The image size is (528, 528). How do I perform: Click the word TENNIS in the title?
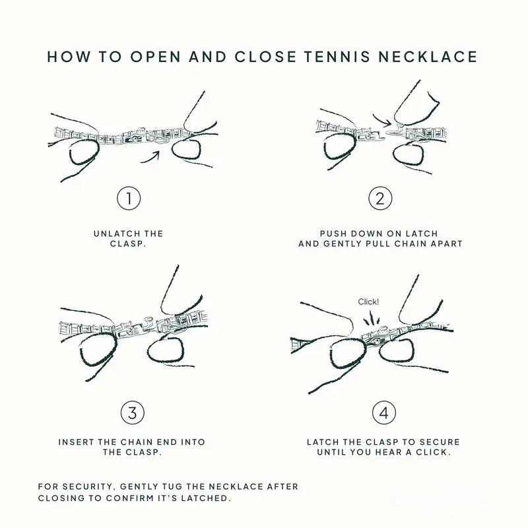point(338,57)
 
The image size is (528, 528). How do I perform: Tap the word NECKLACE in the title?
point(428,57)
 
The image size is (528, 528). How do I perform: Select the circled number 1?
point(129,199)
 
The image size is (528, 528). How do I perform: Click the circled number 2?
point(380,199)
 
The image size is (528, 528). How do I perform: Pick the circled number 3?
point(133,412)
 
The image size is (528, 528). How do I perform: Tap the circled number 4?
point(384,412)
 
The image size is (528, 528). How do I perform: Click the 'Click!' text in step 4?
point(368,302)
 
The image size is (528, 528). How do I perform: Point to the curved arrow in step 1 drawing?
point(150,158)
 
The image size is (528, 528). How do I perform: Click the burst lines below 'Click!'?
point(371,318)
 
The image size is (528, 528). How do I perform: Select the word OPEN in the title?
point(156,57)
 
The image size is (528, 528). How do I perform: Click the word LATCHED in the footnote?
point(206,498)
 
